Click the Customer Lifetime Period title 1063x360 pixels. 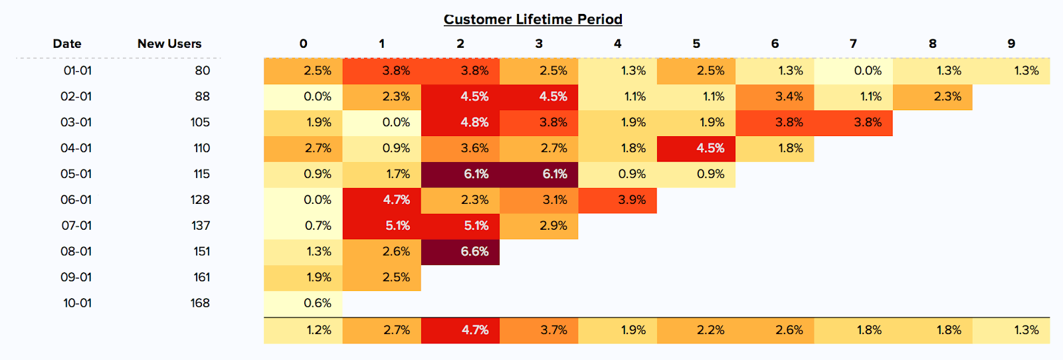(533, 19)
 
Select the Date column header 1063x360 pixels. (67, 44)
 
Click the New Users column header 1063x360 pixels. (169, 44)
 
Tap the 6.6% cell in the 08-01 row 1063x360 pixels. (460, 252)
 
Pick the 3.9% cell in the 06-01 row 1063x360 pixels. (617, 200)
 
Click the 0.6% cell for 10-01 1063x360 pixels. (304, 304)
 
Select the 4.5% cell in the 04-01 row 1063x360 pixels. (696, 148)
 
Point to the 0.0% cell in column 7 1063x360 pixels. (853, 71)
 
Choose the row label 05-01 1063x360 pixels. (76, 174)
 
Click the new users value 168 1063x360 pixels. (200, 304)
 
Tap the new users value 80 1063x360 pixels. (203, 71)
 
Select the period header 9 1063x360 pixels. (1011, 44)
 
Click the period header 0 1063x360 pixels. (304, 44)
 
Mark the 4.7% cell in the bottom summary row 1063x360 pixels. (460, 330)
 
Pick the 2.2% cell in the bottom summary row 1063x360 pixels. (696, 330)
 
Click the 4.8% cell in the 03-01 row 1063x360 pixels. (460, 122)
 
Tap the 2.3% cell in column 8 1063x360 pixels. (932, 96)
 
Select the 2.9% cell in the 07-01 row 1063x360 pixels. (539, 226)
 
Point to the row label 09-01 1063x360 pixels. (76, 278)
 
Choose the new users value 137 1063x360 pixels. (201, 226)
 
